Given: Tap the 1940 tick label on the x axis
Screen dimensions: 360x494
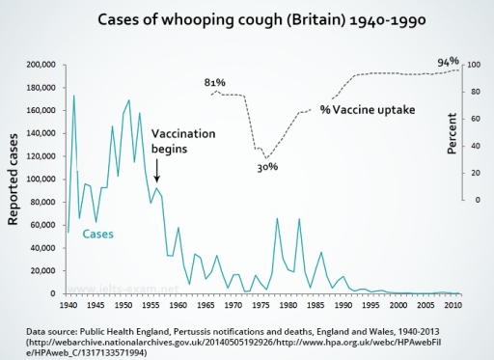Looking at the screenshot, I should (x=68, y=305).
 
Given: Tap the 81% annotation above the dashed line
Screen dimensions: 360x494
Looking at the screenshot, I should (x=215, y=83).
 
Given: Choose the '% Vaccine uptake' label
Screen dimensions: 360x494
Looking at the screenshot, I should (x=368, y=110).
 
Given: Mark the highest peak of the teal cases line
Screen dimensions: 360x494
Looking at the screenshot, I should (x=73, y=96).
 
